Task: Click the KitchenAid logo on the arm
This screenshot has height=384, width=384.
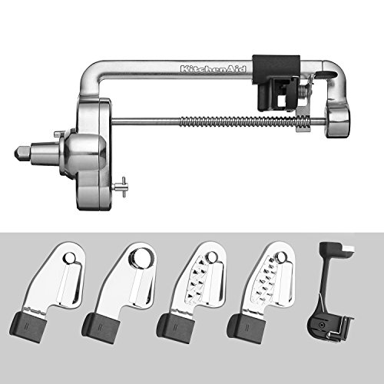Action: pyautogui.click(x=213, y=69)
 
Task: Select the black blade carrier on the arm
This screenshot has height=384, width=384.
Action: pyautogui.click(x=277, y=82)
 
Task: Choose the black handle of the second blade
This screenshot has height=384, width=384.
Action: pyautogui.click(x=101, y=328)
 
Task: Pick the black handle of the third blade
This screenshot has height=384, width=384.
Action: pyautogui.click(x=176, y=328)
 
